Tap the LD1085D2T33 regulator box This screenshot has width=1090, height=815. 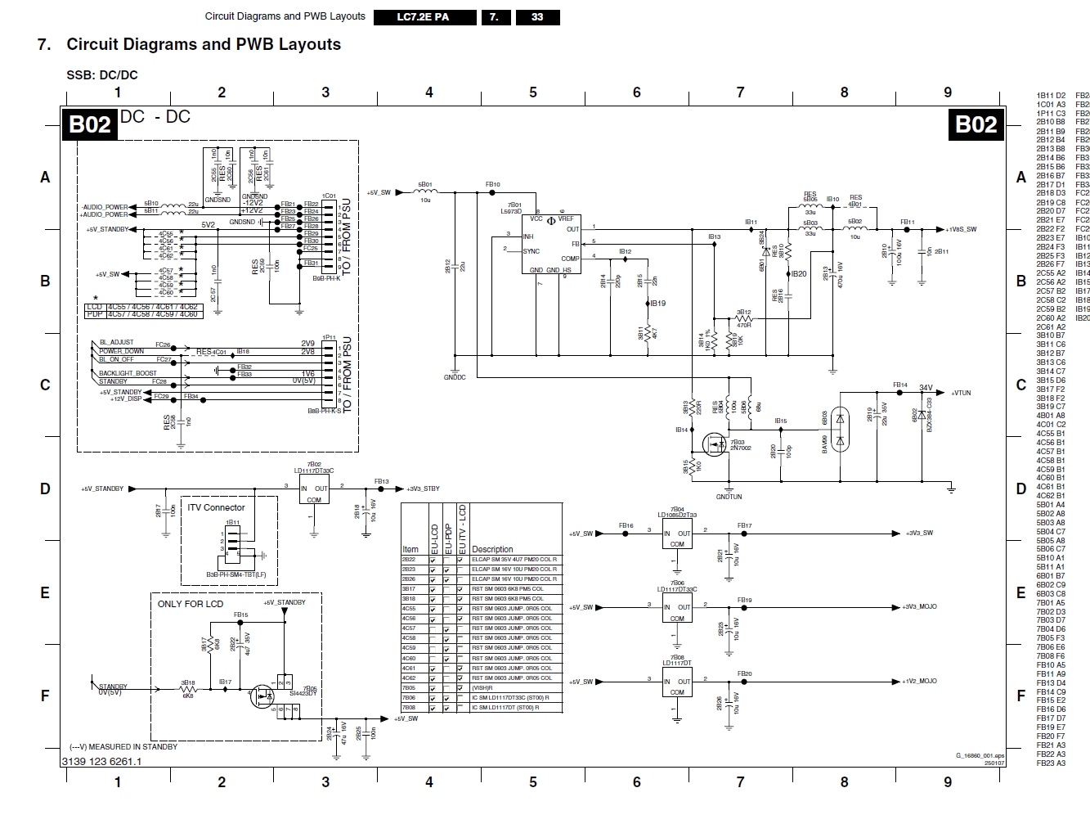677,538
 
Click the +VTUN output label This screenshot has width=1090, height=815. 961,393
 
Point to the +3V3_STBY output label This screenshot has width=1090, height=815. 423,489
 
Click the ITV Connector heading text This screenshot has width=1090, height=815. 216,507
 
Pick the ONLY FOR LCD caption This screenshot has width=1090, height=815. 191,604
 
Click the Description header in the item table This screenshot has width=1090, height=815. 492,549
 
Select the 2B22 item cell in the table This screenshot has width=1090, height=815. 409,559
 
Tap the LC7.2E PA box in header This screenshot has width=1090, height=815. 423,16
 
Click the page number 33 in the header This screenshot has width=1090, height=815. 537,16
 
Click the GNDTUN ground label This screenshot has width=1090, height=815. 729,497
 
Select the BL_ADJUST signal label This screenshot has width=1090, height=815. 116,342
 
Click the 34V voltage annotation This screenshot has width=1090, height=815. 926,388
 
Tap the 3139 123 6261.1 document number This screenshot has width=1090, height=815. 101,761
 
